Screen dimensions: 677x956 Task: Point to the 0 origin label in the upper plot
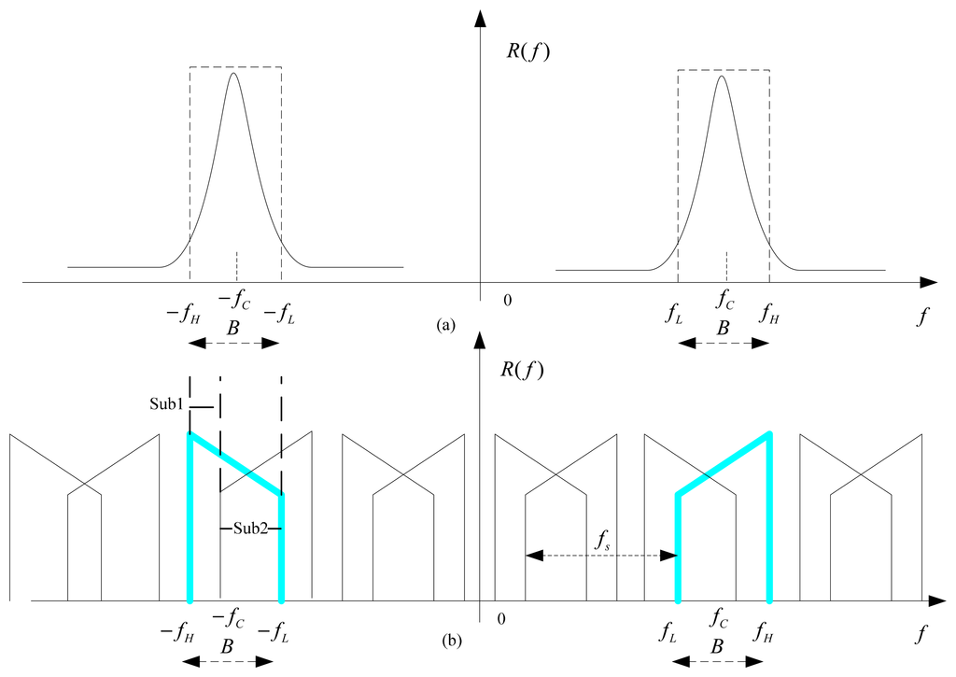click(507, 301)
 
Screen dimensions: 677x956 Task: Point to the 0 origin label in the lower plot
click(505, 619)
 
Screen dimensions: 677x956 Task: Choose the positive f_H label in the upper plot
click(769, 312)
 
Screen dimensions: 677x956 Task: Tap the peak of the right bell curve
click(722, 76)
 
